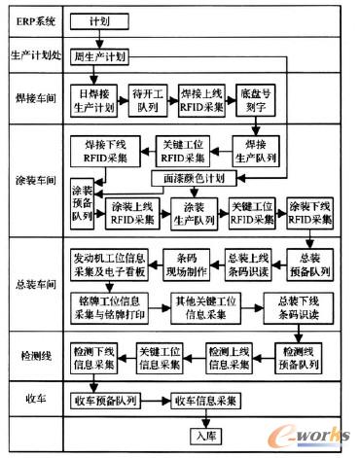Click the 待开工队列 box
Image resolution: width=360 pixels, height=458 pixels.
150,101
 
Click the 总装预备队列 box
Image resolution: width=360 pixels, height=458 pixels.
310,264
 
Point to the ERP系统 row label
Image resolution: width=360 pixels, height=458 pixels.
31,18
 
